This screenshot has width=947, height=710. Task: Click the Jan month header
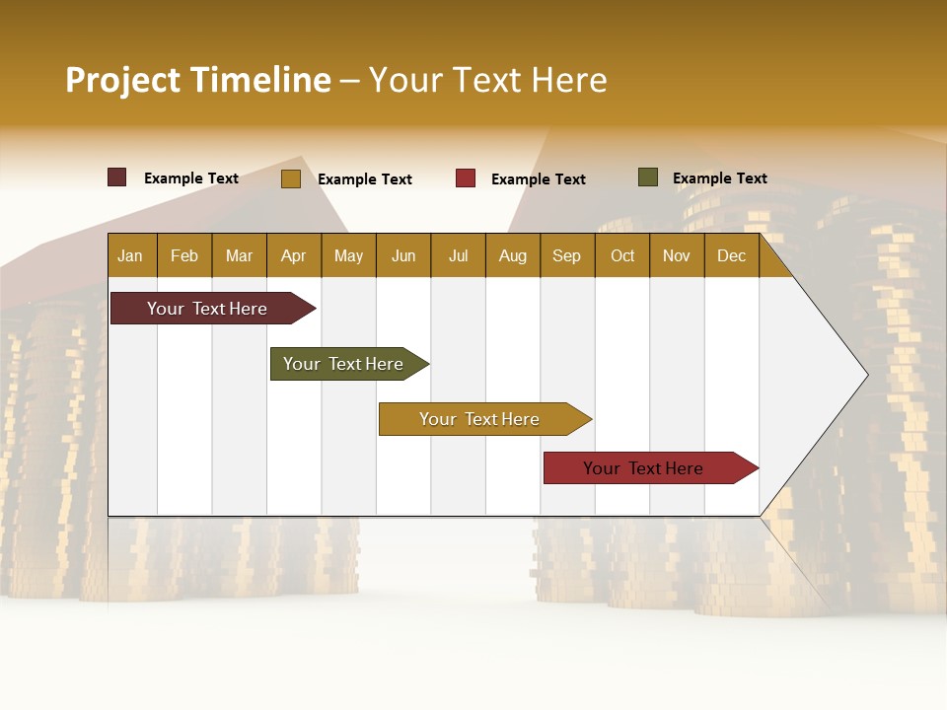(130, 255)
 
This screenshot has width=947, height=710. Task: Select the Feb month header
(184, 255)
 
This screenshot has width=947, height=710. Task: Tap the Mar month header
(239, 255)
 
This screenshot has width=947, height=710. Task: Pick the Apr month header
(293, 255)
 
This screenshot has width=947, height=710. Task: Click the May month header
(348, 255)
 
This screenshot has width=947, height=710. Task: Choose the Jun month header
(403, 255)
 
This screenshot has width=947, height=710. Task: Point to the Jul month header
(458, 255)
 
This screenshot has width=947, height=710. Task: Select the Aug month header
(512, 255)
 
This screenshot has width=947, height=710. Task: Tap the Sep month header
(566, 255)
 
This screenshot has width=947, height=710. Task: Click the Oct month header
(622, 255)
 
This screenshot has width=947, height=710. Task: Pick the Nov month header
(677, 255)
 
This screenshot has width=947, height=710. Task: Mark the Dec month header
(731, 255)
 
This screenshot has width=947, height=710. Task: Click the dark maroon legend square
(117, 177)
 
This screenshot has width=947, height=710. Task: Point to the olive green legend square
(648, 177)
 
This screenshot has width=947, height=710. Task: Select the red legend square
(466, 178)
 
